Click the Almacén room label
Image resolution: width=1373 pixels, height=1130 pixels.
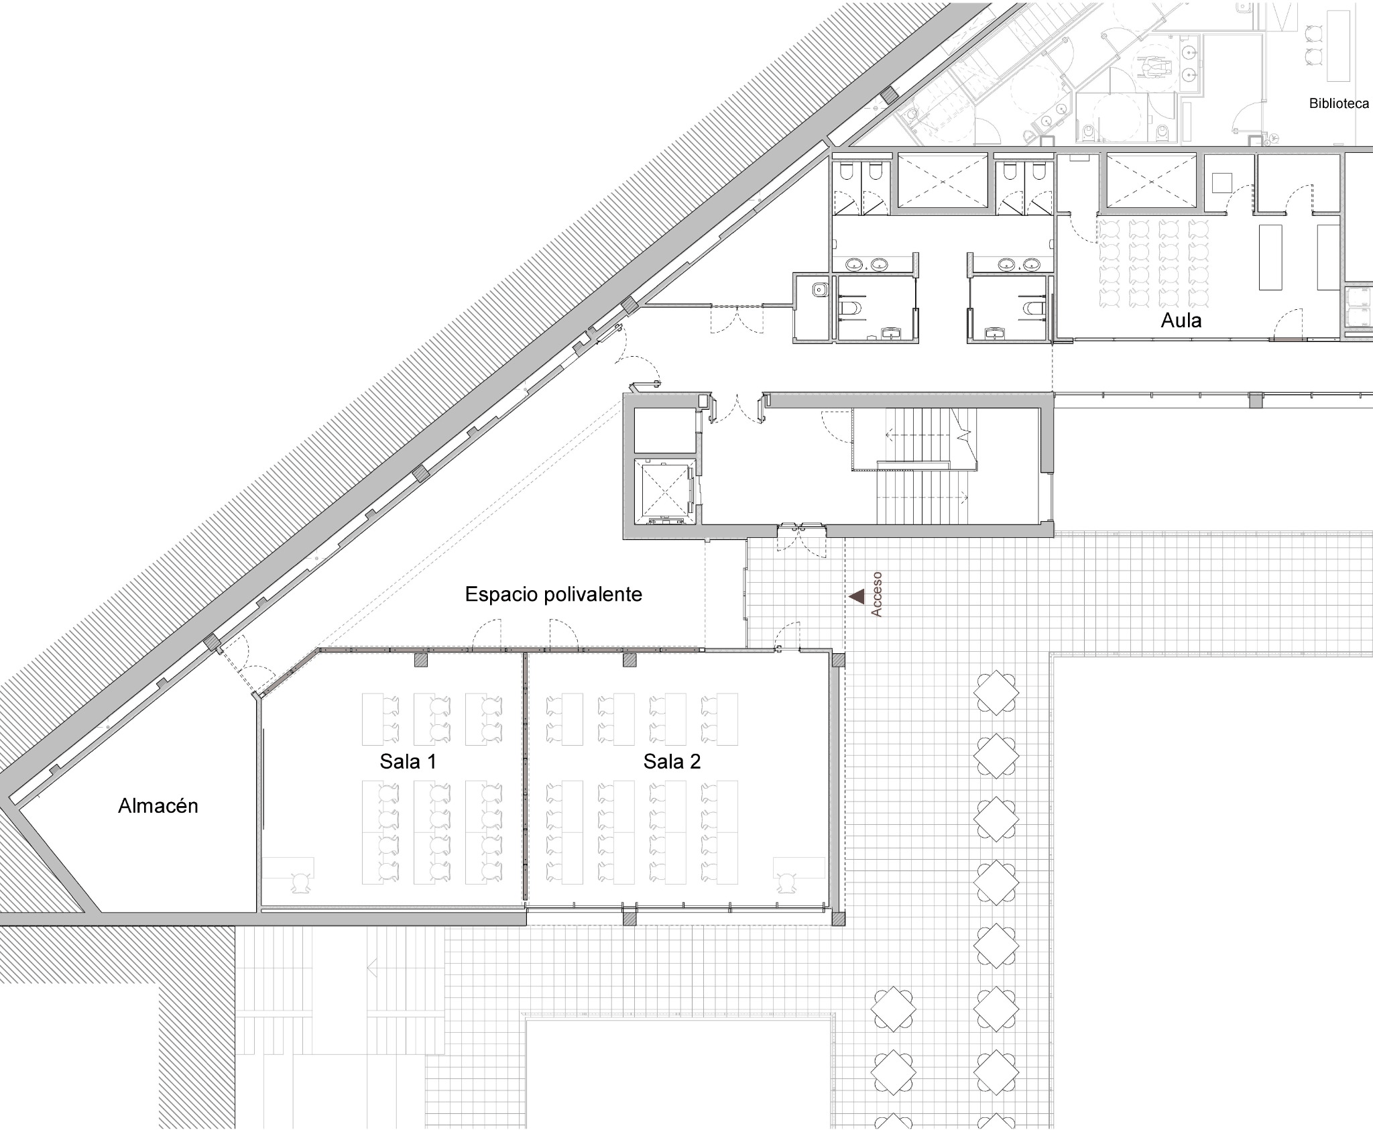coord(158,805)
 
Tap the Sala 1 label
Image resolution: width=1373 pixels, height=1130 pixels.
coord(408,761)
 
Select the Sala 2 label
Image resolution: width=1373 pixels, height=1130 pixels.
coord(672,761)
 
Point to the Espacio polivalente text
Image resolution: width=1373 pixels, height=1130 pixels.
coord(554,594)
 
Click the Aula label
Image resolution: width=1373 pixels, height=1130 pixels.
coord(1181,321)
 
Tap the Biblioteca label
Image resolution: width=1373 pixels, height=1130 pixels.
coord(1339,104)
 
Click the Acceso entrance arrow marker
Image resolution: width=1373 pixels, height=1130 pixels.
coord(857,596)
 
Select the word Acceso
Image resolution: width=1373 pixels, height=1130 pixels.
coord(876,594)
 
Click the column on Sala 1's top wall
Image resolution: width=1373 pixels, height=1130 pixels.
coord(420,660)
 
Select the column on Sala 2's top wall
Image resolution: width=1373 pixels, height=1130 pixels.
coord(630,660)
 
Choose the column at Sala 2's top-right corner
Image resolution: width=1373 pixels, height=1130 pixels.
coord(838,660)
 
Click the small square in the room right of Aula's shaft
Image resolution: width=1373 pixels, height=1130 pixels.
coord(1222,183)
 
